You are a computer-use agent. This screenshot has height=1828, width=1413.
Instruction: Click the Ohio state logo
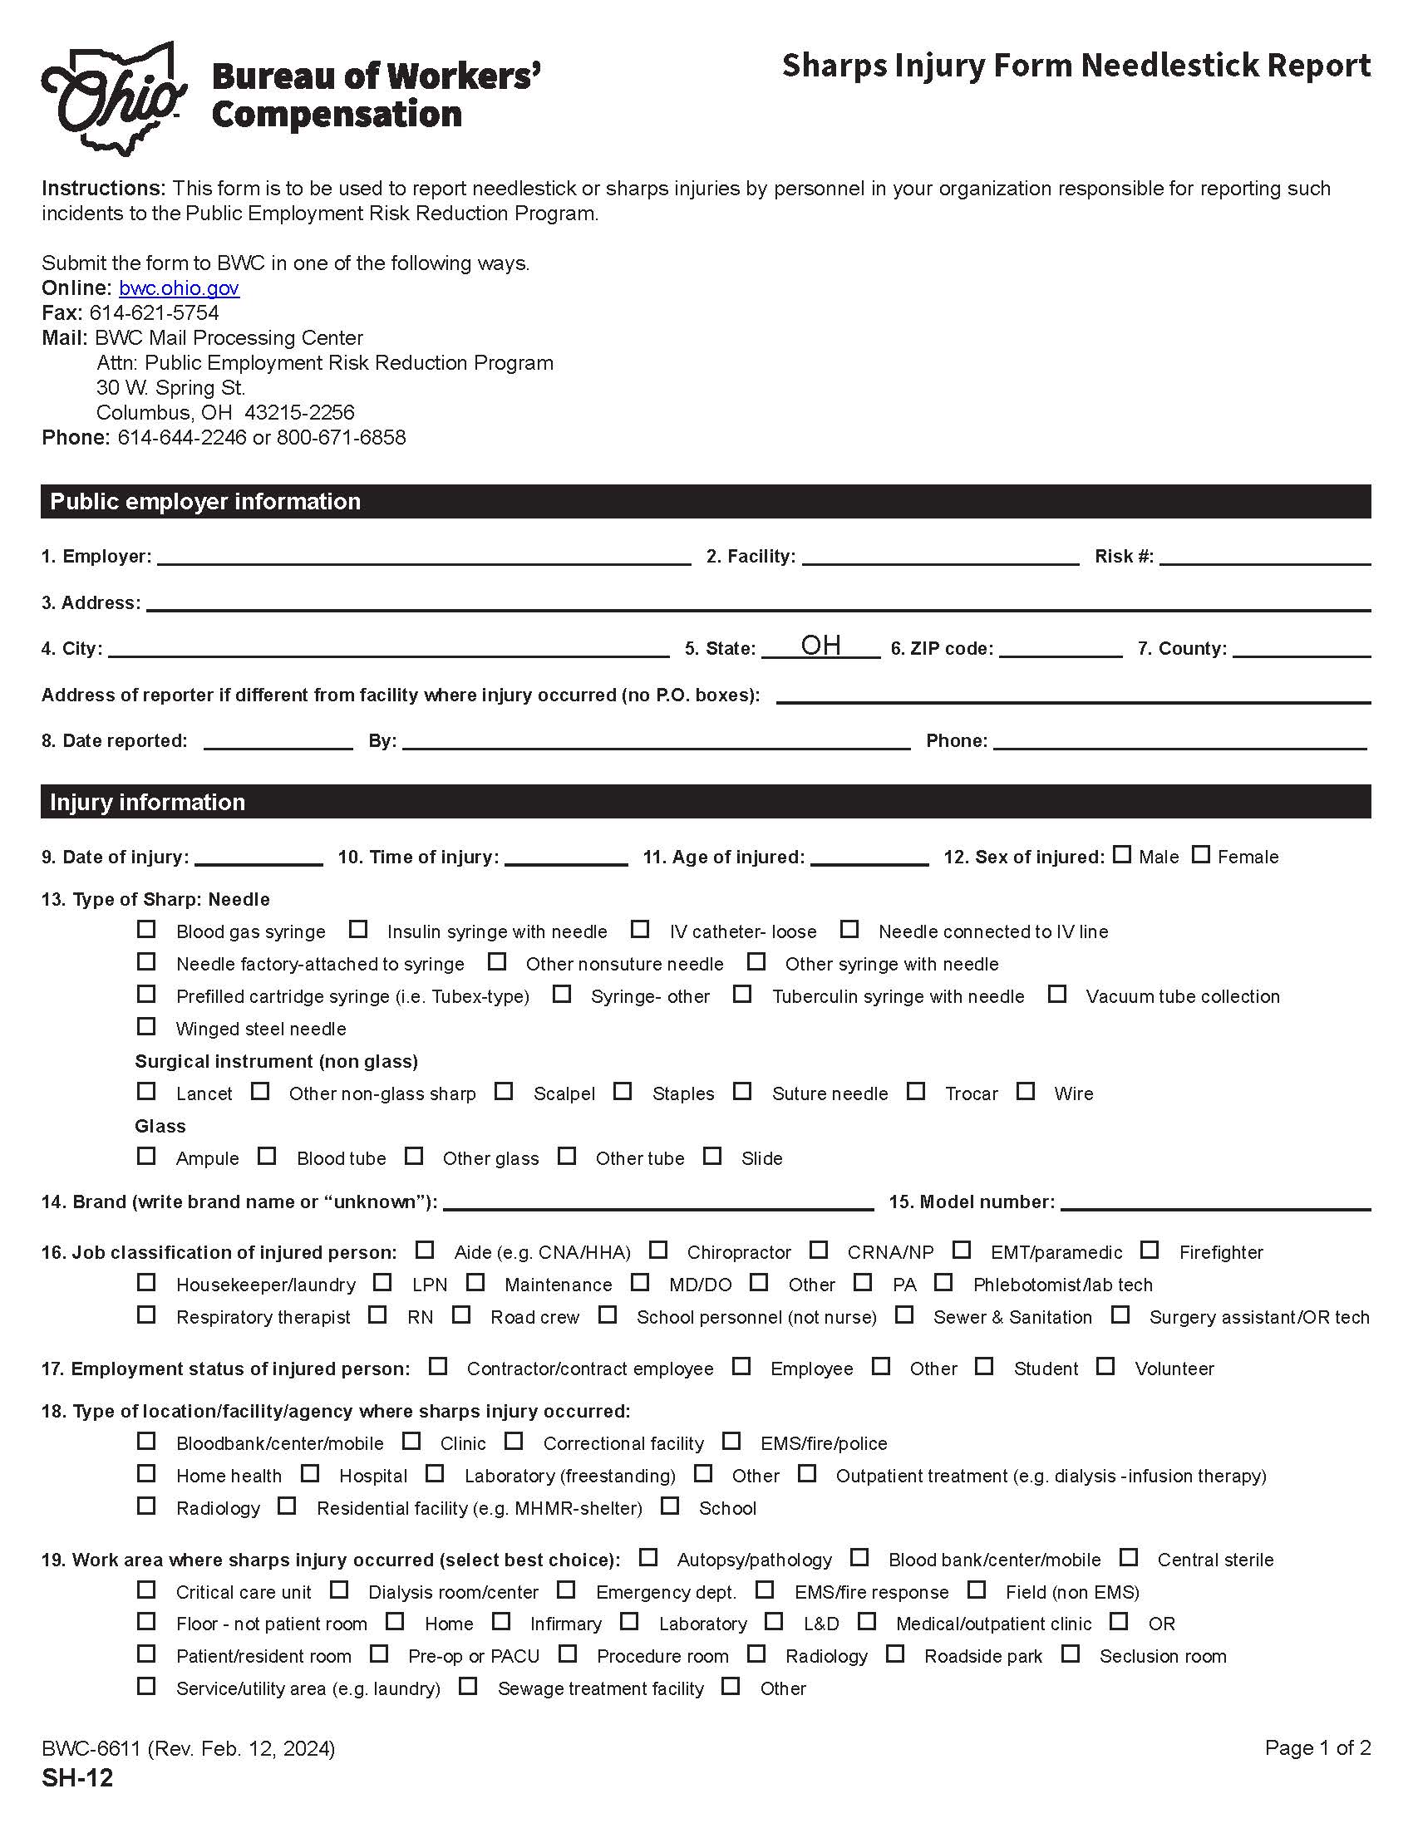coord(113,99)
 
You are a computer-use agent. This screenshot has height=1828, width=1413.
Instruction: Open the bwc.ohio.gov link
coord(179,288)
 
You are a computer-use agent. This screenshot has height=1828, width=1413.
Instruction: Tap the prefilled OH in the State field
coord(820,646)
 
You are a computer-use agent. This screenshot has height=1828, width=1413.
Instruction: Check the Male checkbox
coord(1122,854)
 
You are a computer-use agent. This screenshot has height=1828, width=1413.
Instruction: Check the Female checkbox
coord(1200,854)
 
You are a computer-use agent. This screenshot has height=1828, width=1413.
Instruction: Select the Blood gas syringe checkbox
coord(146,929)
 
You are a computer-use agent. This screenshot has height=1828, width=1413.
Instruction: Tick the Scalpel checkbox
coord(503,1092)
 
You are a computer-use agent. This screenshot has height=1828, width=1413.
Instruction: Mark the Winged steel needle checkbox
coord(146,1026)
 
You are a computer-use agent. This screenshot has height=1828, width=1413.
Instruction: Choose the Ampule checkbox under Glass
coord(146,1156)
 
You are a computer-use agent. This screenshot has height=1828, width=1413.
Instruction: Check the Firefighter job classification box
coord(1150,1250)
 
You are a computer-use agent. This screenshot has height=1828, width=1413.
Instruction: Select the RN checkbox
coord(377,1315)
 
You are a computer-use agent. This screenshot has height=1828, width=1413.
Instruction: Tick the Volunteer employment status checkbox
coord(1105,1366)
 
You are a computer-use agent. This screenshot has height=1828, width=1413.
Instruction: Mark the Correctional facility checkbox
coord(513,1442)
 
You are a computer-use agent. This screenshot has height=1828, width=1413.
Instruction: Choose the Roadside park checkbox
coord(895,1654)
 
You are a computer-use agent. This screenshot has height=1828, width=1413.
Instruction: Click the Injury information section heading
coord(147,802)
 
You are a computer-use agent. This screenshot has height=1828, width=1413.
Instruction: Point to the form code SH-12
coord(77,1778)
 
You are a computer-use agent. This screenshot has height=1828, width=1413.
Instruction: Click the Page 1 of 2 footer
coord(1317,1747)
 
